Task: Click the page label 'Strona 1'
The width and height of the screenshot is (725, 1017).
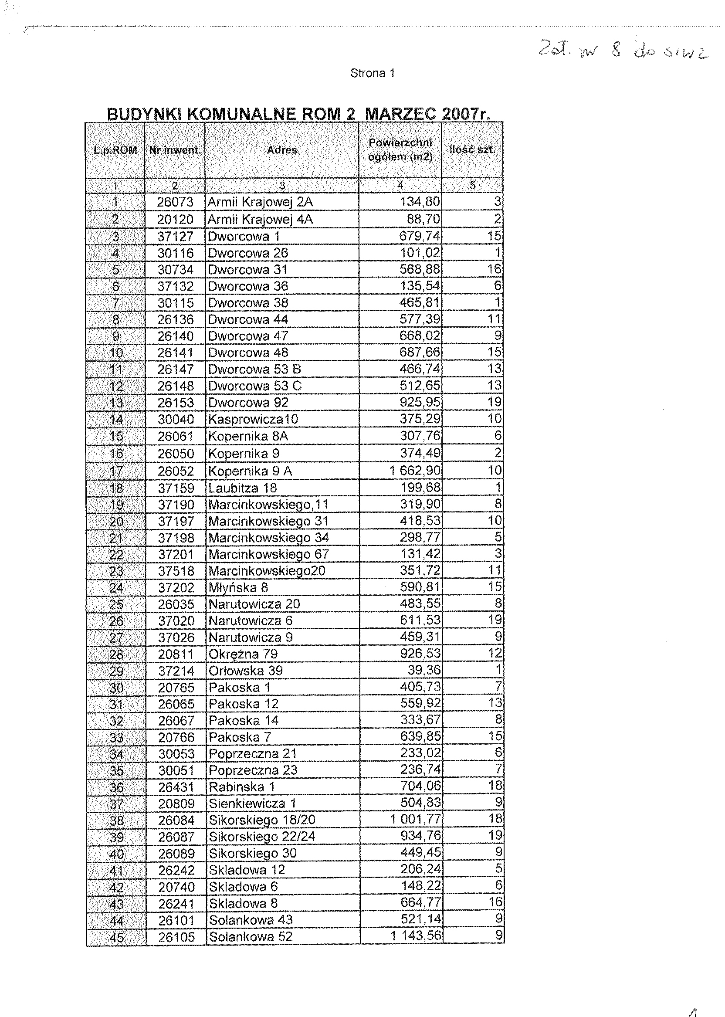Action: (x=373, y=73)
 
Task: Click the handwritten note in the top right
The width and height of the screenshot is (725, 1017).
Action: (x=623, y=52)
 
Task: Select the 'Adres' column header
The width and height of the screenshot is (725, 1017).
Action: (x=282, y=150)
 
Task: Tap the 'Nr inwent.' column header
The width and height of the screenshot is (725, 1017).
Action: (x=175, y=150)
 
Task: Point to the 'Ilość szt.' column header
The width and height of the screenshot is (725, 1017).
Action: (x=472, y=150)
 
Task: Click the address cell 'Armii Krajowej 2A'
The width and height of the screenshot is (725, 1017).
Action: (x=260, y=202)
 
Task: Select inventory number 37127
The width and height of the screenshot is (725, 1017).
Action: (x=175, y=236)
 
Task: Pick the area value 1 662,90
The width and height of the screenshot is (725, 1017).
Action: (x=415, y=471)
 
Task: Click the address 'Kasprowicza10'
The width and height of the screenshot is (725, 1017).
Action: (x=253, y=419)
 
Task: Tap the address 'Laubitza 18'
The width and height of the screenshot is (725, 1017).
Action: (x=242, y=488)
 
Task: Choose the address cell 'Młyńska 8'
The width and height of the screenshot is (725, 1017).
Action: (x=238, y=587)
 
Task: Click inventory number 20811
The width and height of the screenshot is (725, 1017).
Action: (x=176, y=654)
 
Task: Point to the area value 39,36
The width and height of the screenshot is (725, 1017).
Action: (x=423, y=670)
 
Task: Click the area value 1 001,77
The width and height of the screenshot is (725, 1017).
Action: (x=415, y=820)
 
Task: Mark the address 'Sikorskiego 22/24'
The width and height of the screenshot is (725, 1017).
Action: (x=261, y=836)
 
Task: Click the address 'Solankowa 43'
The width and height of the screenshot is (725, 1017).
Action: (x=251, y=920)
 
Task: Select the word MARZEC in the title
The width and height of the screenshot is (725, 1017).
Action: (x=400, y=114)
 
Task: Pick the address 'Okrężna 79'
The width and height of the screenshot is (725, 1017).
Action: (x=243, y=654)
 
